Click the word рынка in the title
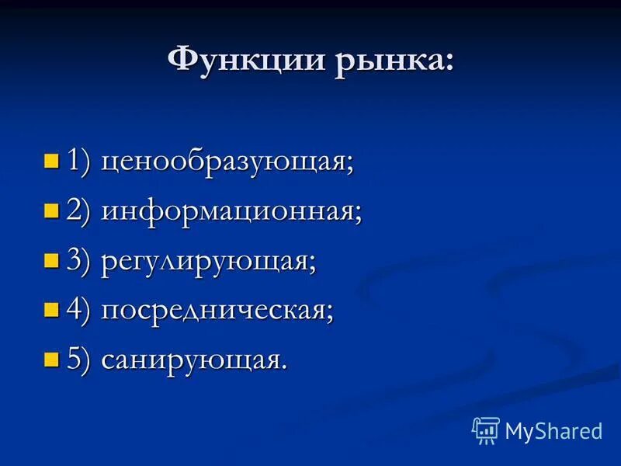point(387,61)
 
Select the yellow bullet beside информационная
point(52,211)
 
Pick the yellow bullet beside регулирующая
point(52,261)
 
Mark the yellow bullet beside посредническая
point(52,311)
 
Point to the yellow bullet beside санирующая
point(52,360)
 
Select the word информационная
point(231,212)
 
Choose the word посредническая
point(217,311)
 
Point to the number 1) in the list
point(79,162)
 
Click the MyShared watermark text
point(553,431)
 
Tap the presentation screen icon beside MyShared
point(485,430)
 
